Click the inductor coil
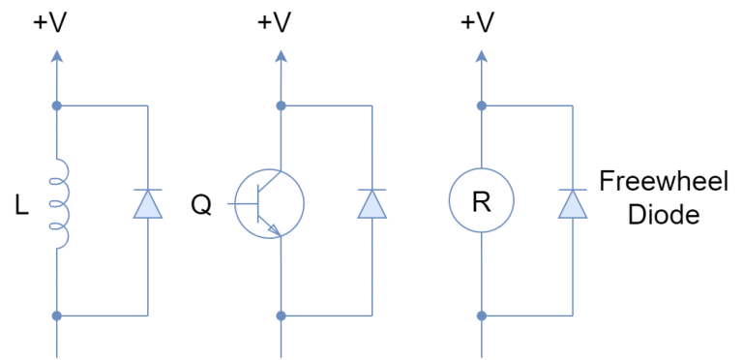coord(61,203)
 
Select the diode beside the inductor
coord(148,204)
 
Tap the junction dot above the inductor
coord(57,105)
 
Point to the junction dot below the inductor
coord(57,315)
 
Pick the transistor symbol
coord(270,203)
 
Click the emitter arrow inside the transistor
coord(274,228)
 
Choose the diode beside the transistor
coord(372,204)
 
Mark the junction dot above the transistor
coord(282,105)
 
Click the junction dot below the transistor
coord(282,315)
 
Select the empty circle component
coord(482,200)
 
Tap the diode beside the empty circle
coord(573,204)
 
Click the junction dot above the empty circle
coord(482,105)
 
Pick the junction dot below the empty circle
coord(482,315)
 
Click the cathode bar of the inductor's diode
coord(148,190)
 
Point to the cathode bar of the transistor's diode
coord(372,190)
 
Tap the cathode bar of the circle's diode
coord(573,190)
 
